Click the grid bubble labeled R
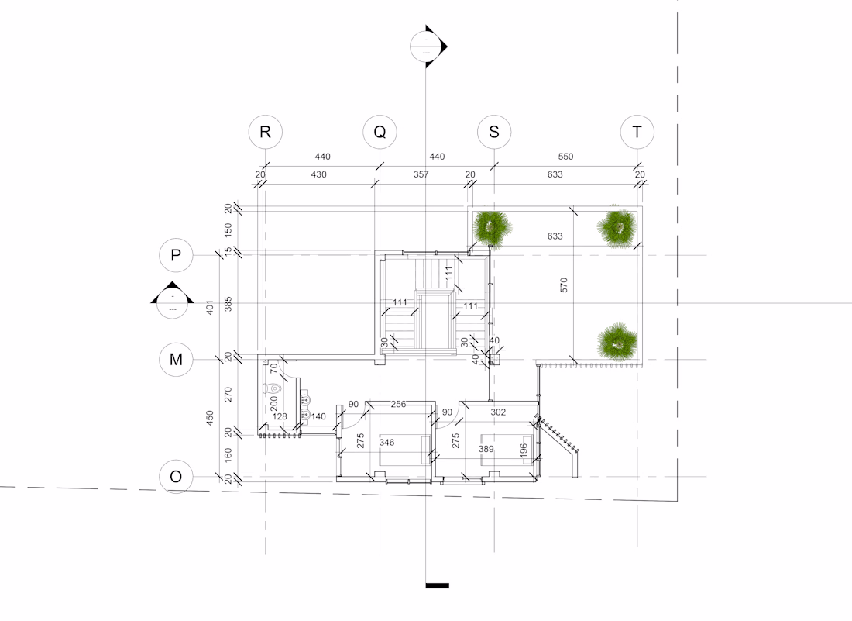point(265,132)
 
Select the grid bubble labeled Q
point(380,132)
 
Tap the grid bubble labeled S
point(494,132)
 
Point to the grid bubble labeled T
point(637,132)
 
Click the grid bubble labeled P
point(176,255)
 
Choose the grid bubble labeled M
point(176,360)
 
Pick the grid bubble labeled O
point(176,477)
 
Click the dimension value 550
point(565,157)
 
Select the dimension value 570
point(563,285)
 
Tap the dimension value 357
point(421,174)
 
